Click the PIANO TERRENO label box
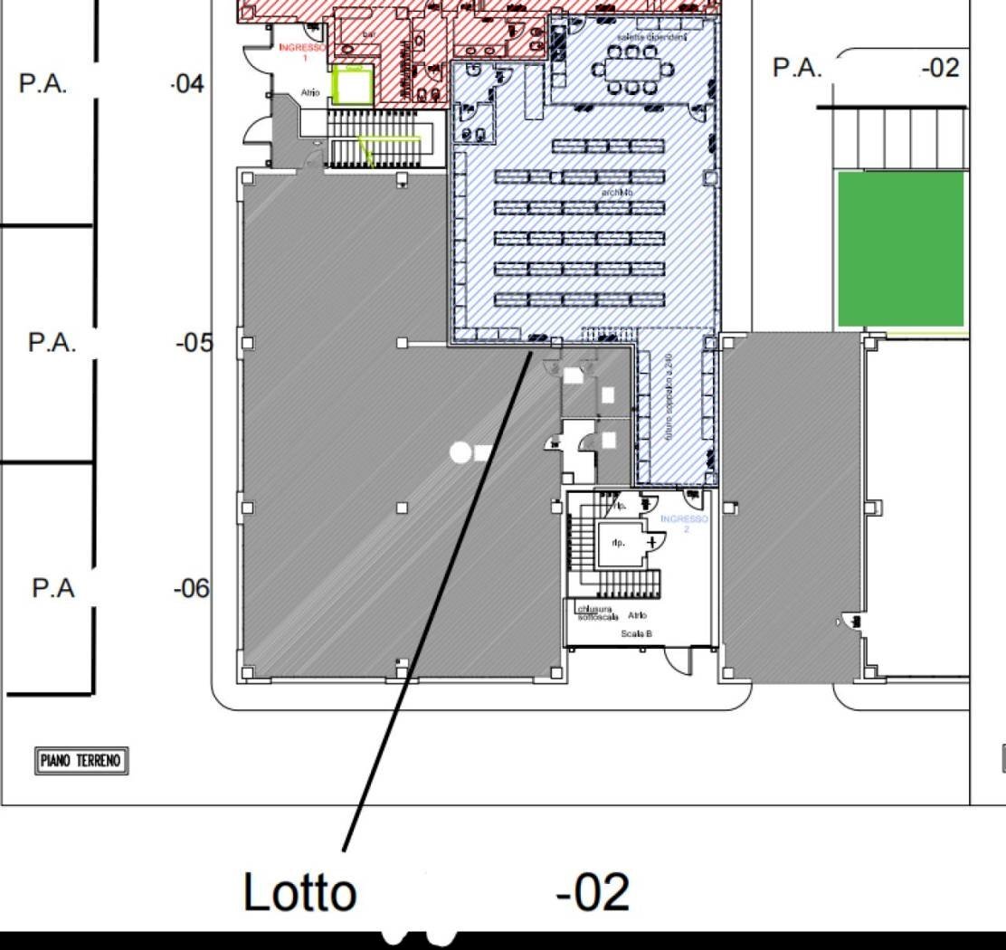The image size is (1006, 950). pos(81,761)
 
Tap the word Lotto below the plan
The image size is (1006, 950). pos(299,892)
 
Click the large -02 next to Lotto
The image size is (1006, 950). pos(593,892)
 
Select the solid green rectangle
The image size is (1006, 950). pos(901,249)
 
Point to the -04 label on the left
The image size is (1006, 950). pos(188,85)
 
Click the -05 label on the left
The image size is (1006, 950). pos(194,343)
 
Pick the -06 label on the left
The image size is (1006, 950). pos(191,589)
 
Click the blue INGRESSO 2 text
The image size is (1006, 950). pos(685,523)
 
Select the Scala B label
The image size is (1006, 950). pos(636,634)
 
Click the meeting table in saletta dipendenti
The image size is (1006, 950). pos(632,68)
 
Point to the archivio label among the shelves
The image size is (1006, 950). pos(617,193)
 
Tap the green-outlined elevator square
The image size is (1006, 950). pos(352,84)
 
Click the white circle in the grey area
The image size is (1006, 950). pos(461,451)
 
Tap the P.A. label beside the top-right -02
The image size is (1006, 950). pos(798,68)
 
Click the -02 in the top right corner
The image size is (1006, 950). pos(940,68)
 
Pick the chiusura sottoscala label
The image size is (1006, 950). pos(597,613)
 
